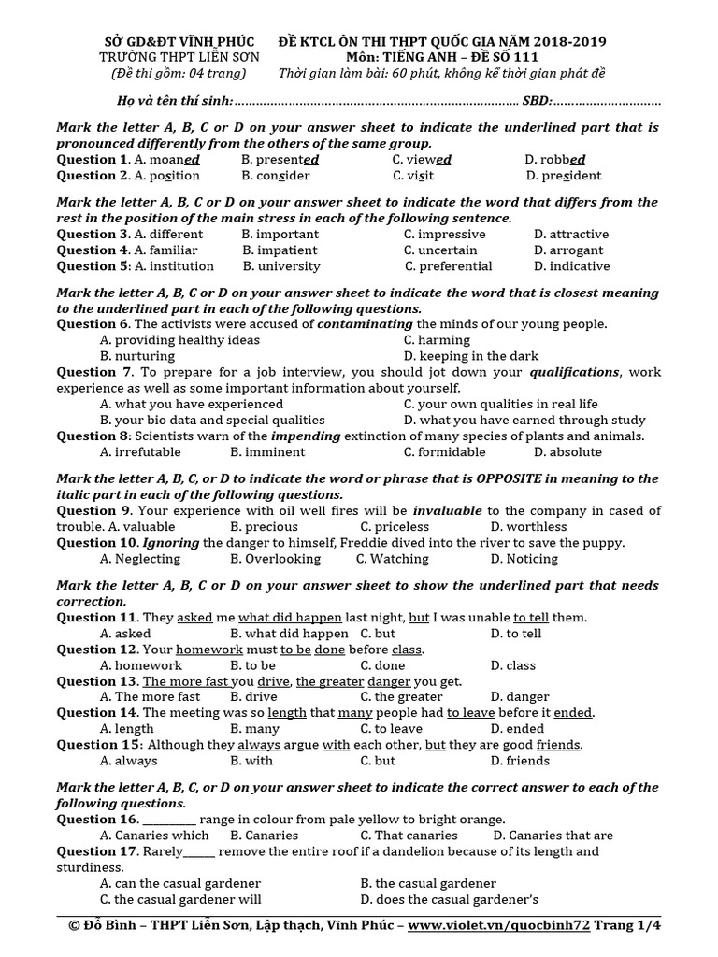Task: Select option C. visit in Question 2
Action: tap(413, 176)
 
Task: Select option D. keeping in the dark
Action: tap(470, 356)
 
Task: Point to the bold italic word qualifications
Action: tap(574, 372)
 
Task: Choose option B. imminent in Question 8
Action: tap(267, 452)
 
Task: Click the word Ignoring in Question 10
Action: tap(170, 543)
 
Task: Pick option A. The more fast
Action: tap(150, 697)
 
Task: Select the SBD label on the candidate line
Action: tap(537, 100)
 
